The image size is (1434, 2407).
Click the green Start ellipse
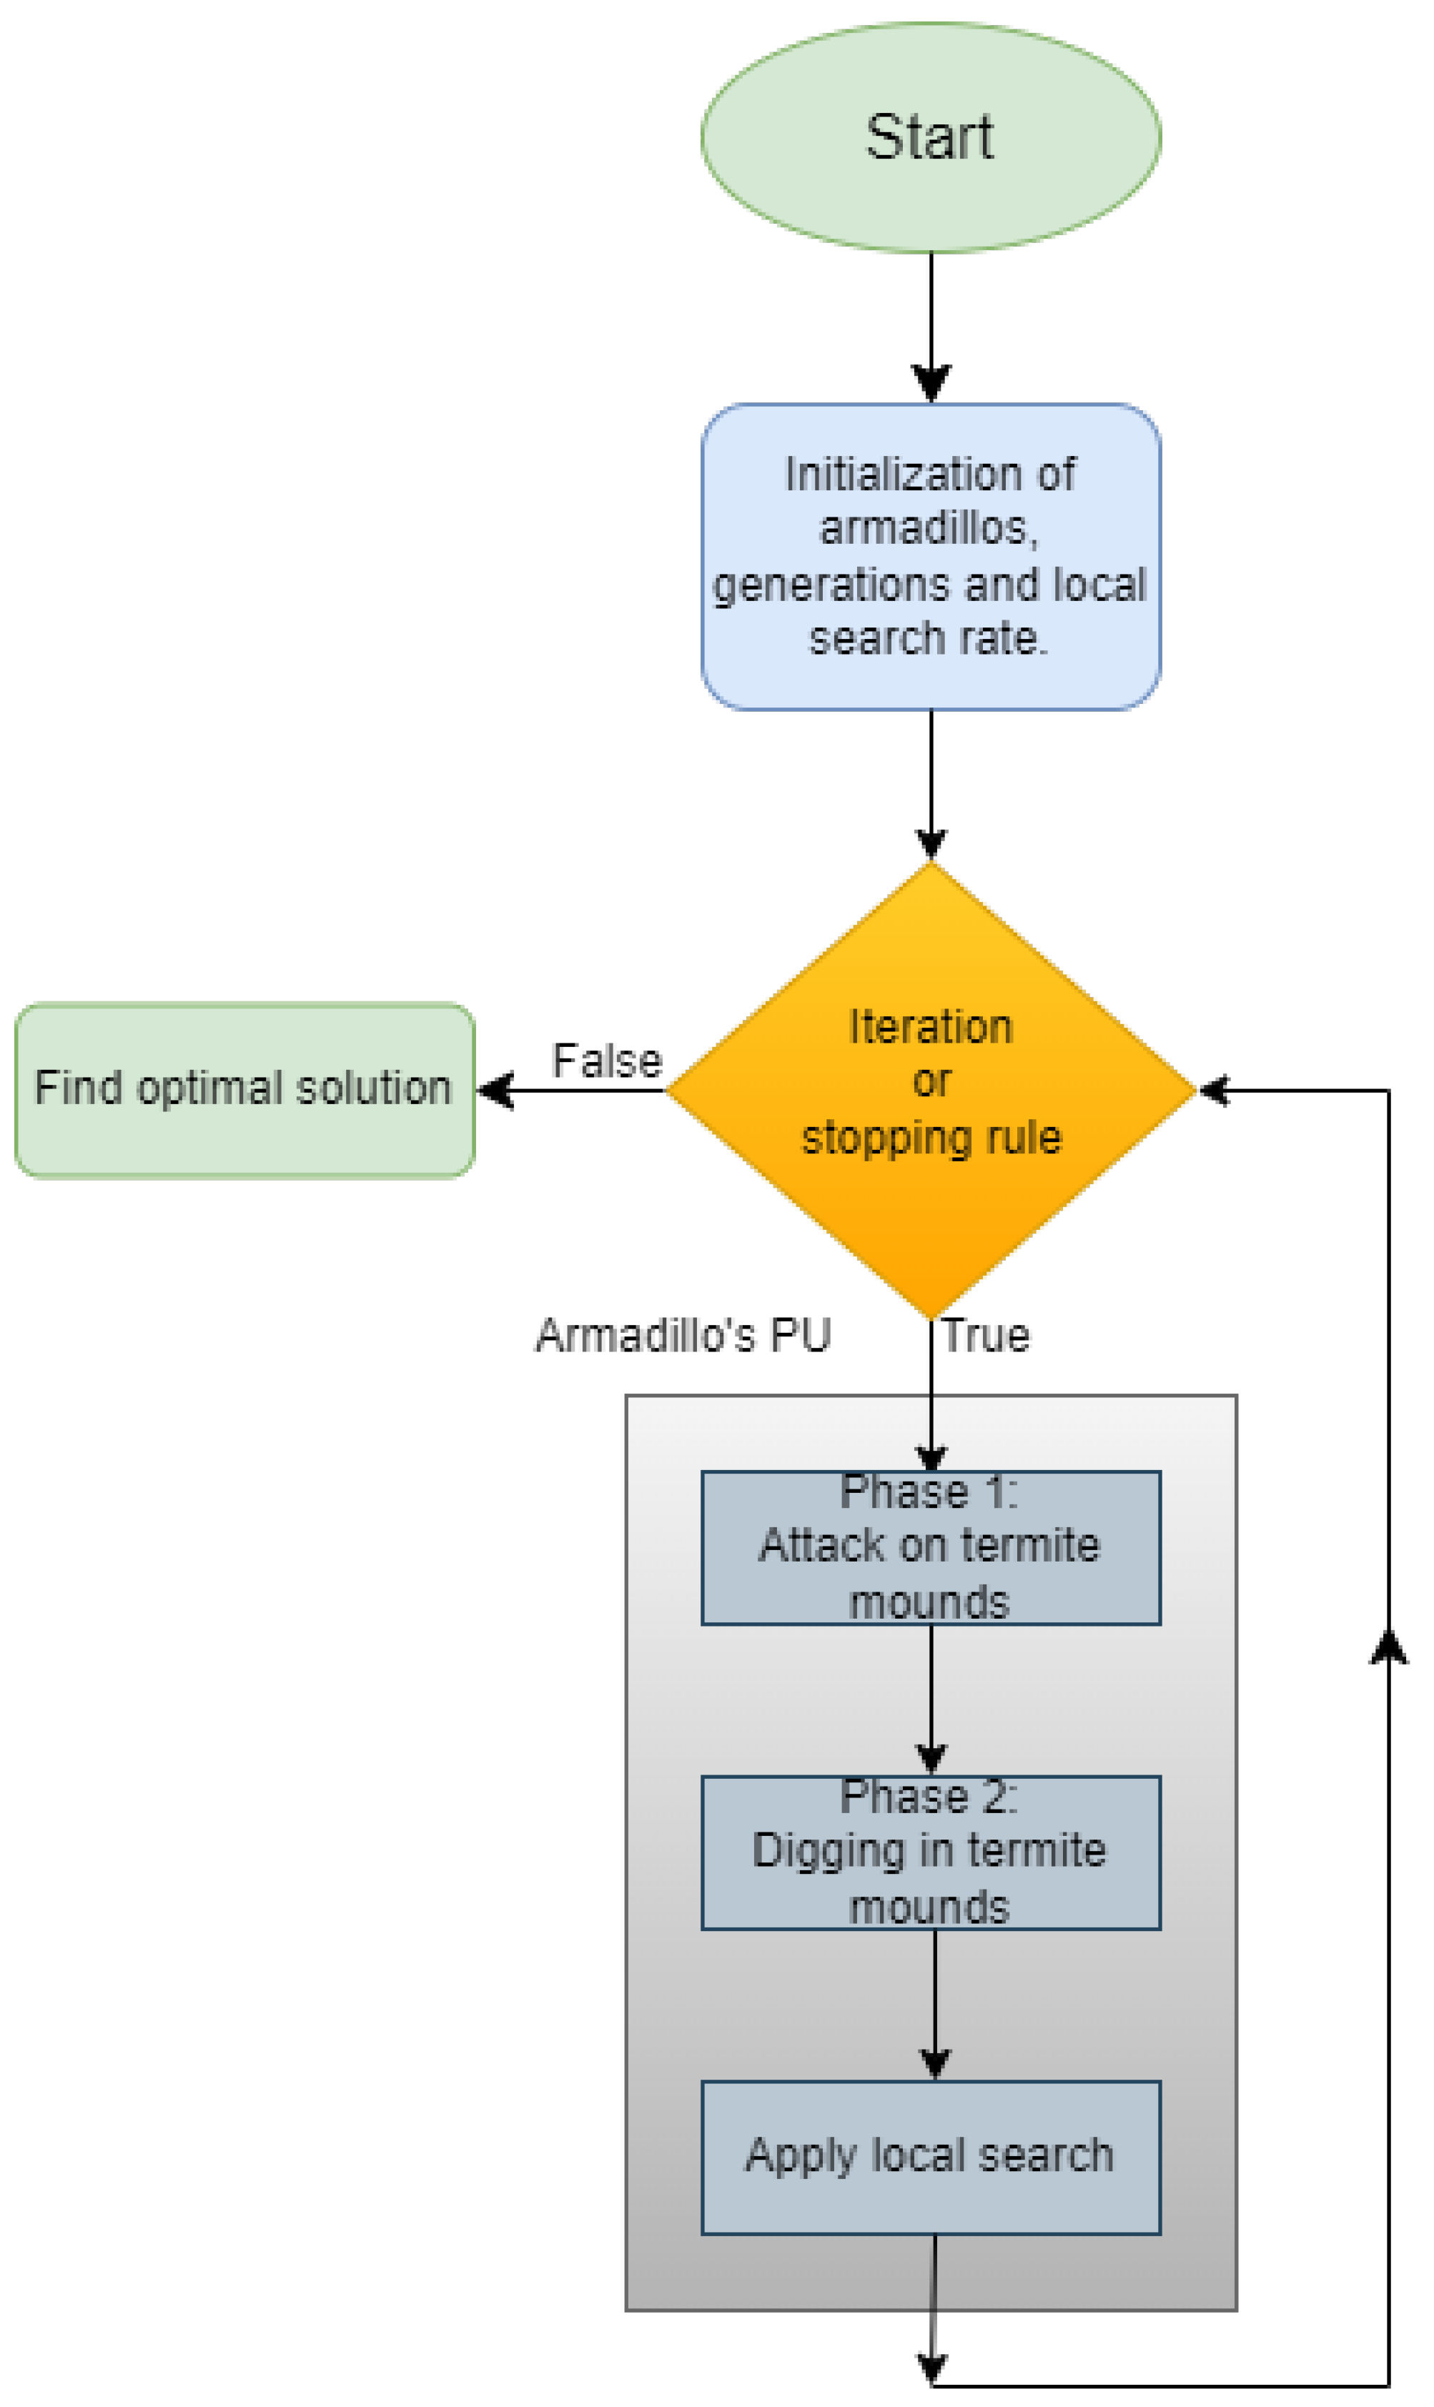pyautogui.click(x=931, y=137)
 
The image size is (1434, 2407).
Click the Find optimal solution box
pyautogui.click(x=244, y=1090)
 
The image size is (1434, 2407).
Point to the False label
pyautogui.click(x=607, y=1061)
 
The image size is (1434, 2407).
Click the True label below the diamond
pyautogui.click(x=987, y=1336)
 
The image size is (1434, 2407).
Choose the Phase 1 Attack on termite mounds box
pyautogui.click(x=931, y=1547)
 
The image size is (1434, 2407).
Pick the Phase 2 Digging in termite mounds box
pyautogui.click(x=931, y=1852)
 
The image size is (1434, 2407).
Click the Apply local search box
pyautogui.click(x=931, y=2157)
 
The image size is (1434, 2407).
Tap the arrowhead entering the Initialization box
pyautogui.click(x=931, y=384)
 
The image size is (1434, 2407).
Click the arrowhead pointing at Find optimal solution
pyautogui.click(x=495, y=1091)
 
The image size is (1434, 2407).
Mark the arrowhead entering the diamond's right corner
pyautogui.click(x=1214, y=1091)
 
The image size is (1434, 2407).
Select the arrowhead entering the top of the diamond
pyautogui.click(x=931, y=843)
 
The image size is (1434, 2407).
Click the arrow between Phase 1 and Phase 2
pyautogui.click(x=931, y=1700)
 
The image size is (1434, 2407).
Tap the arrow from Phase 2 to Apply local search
pyautogui.click(x=934, y=2004)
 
